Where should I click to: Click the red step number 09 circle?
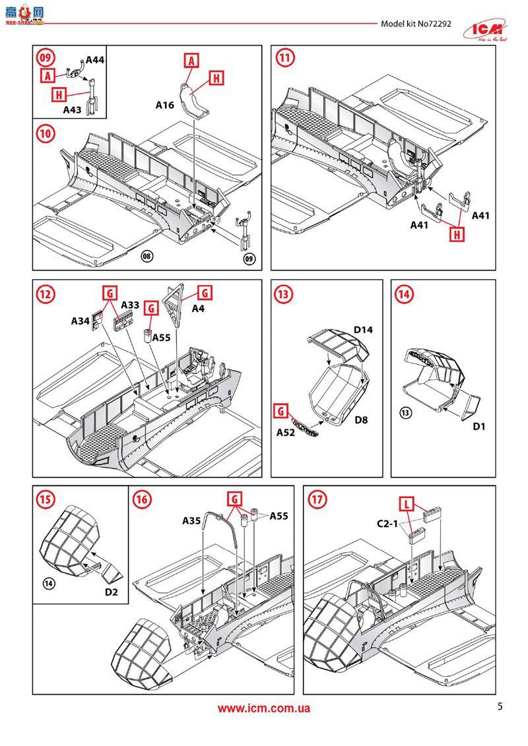coord(46,58)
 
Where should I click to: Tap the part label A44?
coord(95,60)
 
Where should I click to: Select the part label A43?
coord(73,110)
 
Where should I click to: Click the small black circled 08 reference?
coord(147,255)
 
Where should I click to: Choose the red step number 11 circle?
coord(284,58)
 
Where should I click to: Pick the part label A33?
coord(130,305)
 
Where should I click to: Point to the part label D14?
coord(363,328)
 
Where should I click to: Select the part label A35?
coord(192,520)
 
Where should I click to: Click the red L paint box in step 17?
coord(407,505)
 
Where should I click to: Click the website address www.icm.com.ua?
coord(264,708)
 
